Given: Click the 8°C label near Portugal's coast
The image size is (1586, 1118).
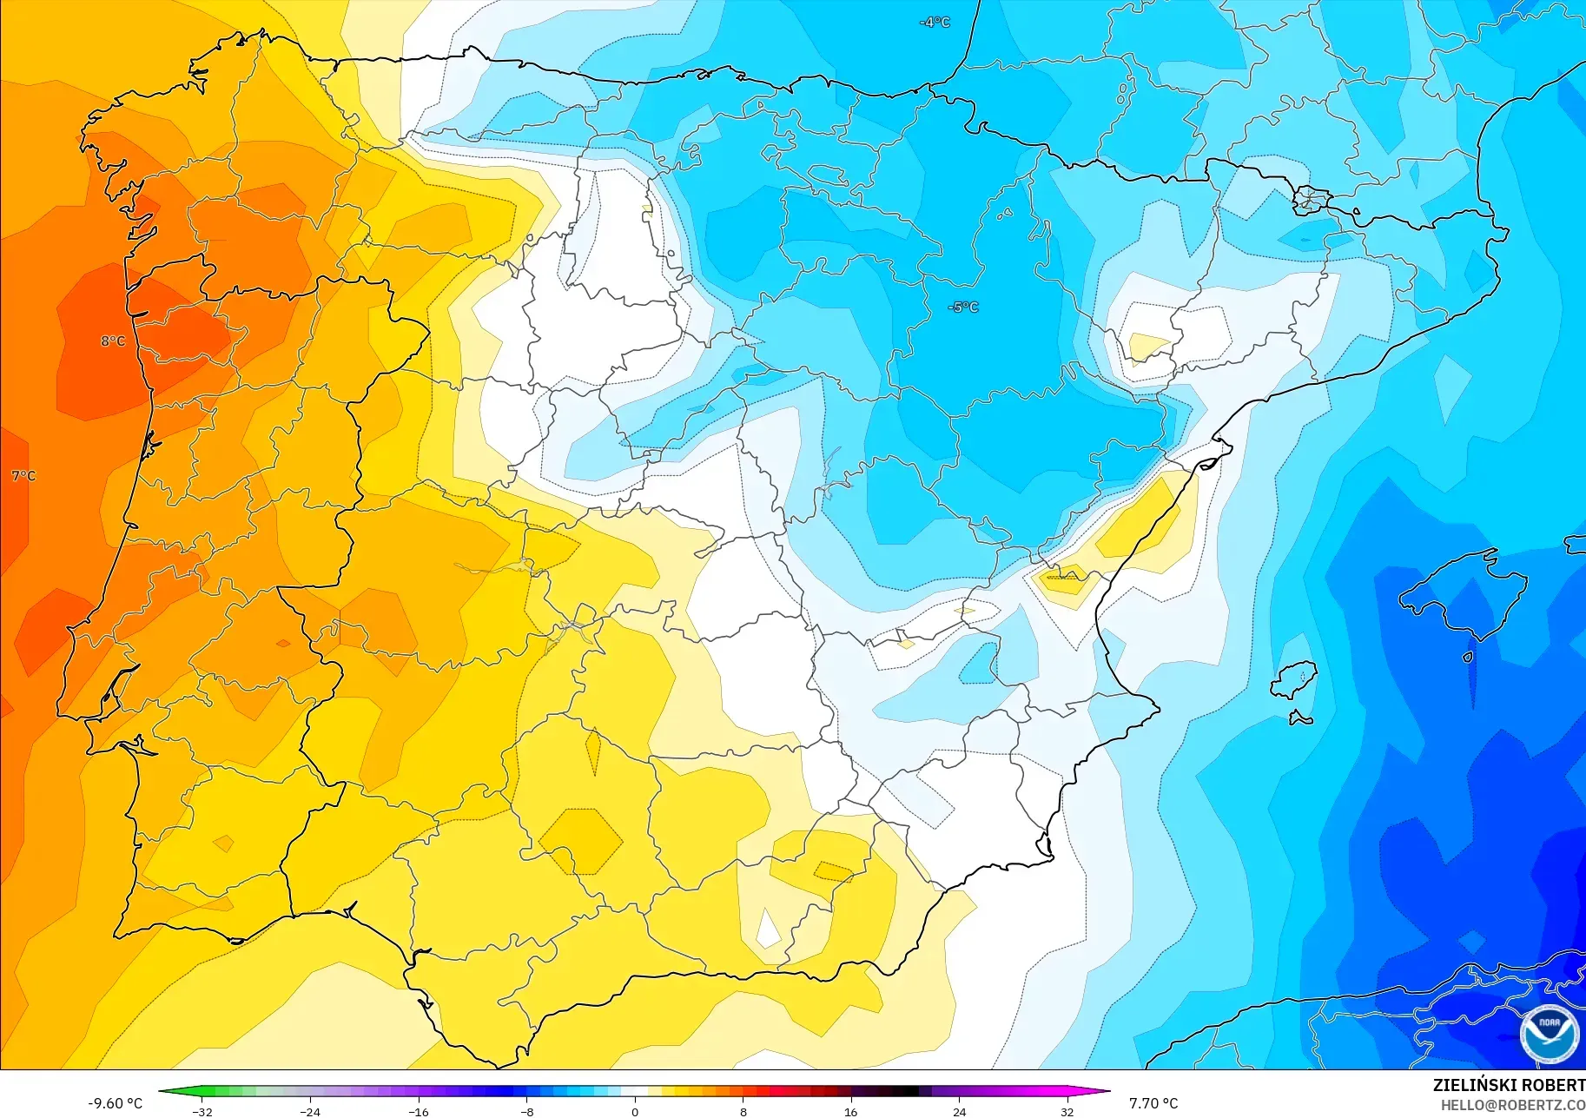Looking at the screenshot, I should (113, 341).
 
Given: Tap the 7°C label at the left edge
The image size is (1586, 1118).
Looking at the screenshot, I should (23, 476).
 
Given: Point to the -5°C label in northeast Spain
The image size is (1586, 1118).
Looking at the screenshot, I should (963, 308).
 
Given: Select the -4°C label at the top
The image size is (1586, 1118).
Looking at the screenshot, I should (935, 23).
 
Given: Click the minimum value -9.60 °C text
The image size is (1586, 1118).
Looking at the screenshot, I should (115, 1103).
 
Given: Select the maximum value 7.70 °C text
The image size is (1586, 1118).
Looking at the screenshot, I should (1153, 1103).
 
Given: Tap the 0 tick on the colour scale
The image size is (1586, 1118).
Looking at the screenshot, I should (635, 1112).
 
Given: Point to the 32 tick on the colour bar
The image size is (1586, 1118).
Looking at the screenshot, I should (1067, 1112).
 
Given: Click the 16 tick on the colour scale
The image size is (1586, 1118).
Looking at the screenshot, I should (850, 1112).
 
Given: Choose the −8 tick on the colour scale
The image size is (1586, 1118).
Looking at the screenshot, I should (526, 1112).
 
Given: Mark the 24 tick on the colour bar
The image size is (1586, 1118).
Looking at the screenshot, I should (959, 1112).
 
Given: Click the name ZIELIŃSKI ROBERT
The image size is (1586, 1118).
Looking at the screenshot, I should (1509, 1085).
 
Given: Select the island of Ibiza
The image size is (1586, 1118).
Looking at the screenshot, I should (1294, 680).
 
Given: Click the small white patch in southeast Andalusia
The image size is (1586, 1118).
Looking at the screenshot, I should (768, 930).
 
